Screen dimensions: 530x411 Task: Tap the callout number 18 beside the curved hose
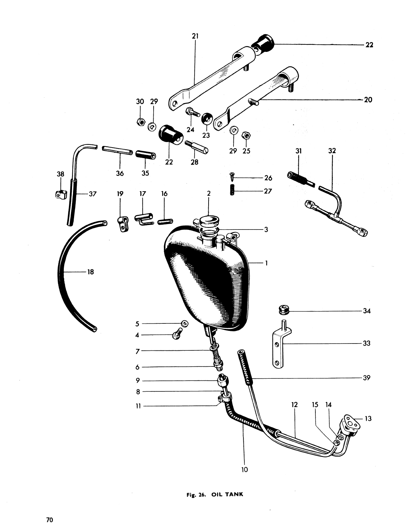point(90,272)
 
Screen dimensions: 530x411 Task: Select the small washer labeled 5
point(185,323)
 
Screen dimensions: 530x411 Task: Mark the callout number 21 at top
point(195,36)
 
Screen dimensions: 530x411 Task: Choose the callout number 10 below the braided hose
point(244,470)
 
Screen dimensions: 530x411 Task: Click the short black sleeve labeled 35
point(145,155)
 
